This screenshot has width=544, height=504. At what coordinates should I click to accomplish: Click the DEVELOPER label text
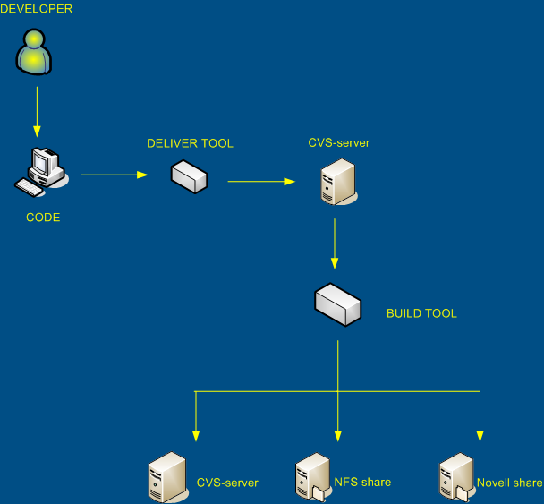(36, 9)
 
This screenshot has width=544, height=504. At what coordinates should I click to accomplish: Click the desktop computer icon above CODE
(41, 171)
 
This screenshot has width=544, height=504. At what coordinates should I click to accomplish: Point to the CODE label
(43, 218)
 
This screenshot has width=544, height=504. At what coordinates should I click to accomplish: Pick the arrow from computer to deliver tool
(114, 175)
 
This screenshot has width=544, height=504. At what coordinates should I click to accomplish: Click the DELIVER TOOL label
(190, 143)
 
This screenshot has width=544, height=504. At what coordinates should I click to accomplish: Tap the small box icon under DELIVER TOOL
(189, 176)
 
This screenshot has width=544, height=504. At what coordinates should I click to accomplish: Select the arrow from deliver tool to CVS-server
(260, 182)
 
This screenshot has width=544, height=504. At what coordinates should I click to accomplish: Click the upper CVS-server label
(339, 142)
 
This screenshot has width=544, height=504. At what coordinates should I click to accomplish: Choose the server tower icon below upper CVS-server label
(335, 182)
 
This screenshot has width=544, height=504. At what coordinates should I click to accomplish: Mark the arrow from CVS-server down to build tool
(335, 242)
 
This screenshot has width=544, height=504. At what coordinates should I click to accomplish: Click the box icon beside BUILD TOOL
(337, 304)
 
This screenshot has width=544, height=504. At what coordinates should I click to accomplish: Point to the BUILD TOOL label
(421, 314)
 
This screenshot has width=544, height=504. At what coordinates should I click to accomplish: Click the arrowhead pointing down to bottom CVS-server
(195, 434)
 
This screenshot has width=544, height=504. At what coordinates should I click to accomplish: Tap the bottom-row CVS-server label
(227, 483)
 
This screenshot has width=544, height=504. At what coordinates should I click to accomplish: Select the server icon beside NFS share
(311, 477)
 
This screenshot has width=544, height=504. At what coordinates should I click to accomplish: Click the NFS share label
(362, 483)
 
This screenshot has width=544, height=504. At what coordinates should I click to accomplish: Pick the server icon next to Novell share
(455, 477)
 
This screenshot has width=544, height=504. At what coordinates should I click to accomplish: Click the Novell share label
(509, 483)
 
